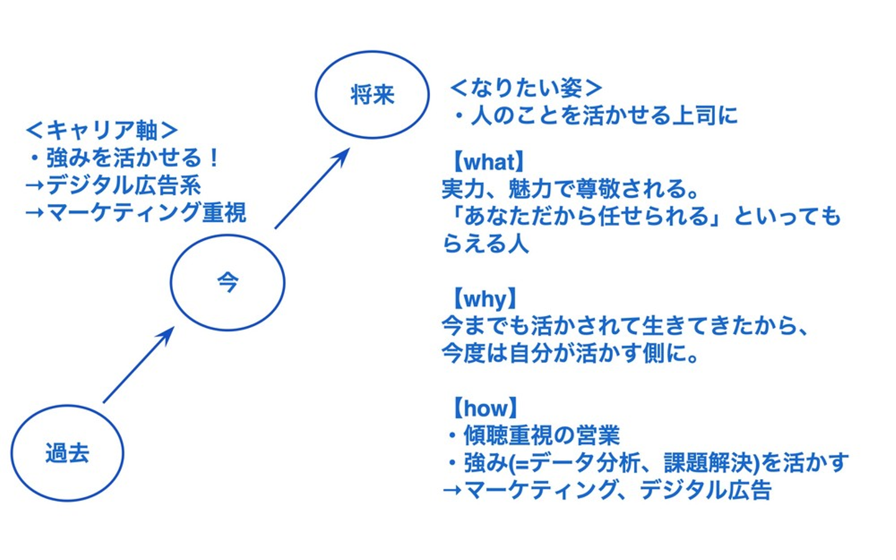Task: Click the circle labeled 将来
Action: click(372, 95)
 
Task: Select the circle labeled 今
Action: click(228, 282)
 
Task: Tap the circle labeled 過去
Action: click(67, 452)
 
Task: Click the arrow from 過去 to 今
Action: click(138, 365)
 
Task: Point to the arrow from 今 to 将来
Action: click(311, 189)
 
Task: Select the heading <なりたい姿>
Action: click(526, 88)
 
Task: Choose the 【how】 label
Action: click(485, 408)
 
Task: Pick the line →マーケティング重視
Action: click(136, 212)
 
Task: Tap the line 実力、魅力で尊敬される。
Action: click(571, 189)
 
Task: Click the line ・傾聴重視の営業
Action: click(534, 435)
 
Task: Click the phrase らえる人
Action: click(485, 243)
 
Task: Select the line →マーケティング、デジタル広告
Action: click(607, 490)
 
